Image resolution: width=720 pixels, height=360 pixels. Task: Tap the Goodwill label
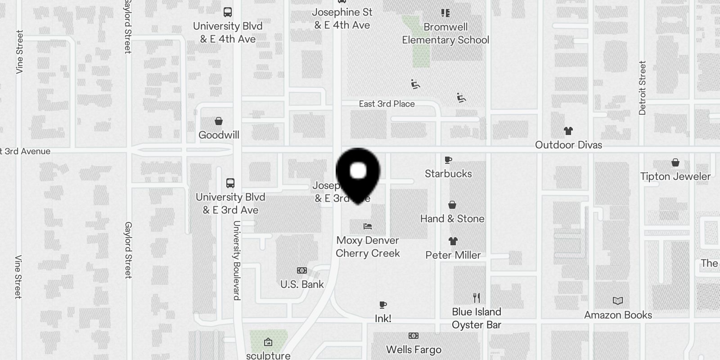[x=219, y=135]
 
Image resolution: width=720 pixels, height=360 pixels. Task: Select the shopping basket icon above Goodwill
[x=219, y=121]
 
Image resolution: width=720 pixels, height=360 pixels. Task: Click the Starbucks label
[x=448, y=174]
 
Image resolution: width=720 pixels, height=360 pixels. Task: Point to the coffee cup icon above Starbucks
[x=448, y=160]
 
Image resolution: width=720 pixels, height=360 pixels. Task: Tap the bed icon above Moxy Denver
[x=368, y=226]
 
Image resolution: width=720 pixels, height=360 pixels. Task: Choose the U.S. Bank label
[x=302, y=284]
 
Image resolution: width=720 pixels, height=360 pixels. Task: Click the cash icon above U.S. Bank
[x=302, y=270]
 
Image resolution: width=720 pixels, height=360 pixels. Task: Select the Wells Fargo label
[x=414, y=350]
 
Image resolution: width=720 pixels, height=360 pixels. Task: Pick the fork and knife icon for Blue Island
[x=477, y=298]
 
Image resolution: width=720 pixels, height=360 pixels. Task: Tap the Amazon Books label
[x=618, y=315]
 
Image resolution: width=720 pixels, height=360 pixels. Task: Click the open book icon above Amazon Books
[x=618, y=301]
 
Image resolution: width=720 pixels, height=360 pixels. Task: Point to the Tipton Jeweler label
[x=675, y=176]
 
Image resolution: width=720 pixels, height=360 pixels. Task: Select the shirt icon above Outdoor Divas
[x=568, y=131]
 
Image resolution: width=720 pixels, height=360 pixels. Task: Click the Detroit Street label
[x=642, y=88]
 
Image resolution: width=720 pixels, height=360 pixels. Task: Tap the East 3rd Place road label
[x=387, y=104]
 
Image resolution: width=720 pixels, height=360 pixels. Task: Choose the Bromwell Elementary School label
[x=445, y=34]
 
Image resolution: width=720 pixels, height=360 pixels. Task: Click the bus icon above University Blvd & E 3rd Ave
[x=230, y=183]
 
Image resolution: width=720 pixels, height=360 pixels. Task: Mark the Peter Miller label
[x=453, y=255]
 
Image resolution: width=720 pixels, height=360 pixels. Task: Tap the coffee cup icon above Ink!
[x=383, y=305]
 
